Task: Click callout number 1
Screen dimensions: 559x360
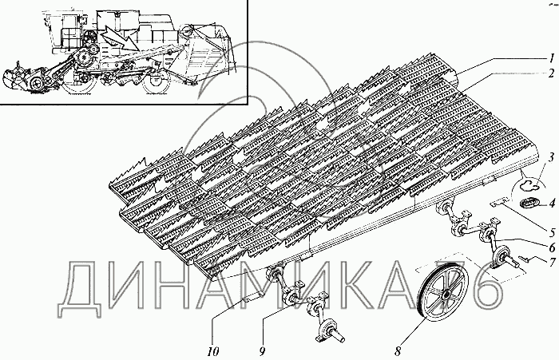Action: (551, 57)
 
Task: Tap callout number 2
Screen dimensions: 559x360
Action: (551, 73)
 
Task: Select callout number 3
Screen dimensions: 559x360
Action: (551, 157)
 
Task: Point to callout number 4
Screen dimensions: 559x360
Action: (552, 204)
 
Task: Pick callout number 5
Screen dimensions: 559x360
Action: (553, 233)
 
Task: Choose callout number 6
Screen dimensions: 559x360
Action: (553, 247)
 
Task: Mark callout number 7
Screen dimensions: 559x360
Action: (553, 263)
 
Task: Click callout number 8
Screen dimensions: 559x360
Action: (398, 351)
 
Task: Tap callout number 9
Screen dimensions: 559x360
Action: (263, 352)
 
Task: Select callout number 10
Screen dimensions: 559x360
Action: (213, 352)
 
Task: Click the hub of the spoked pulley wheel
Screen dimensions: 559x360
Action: (446, 296)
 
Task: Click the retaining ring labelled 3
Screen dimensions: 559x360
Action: (527, 185)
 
